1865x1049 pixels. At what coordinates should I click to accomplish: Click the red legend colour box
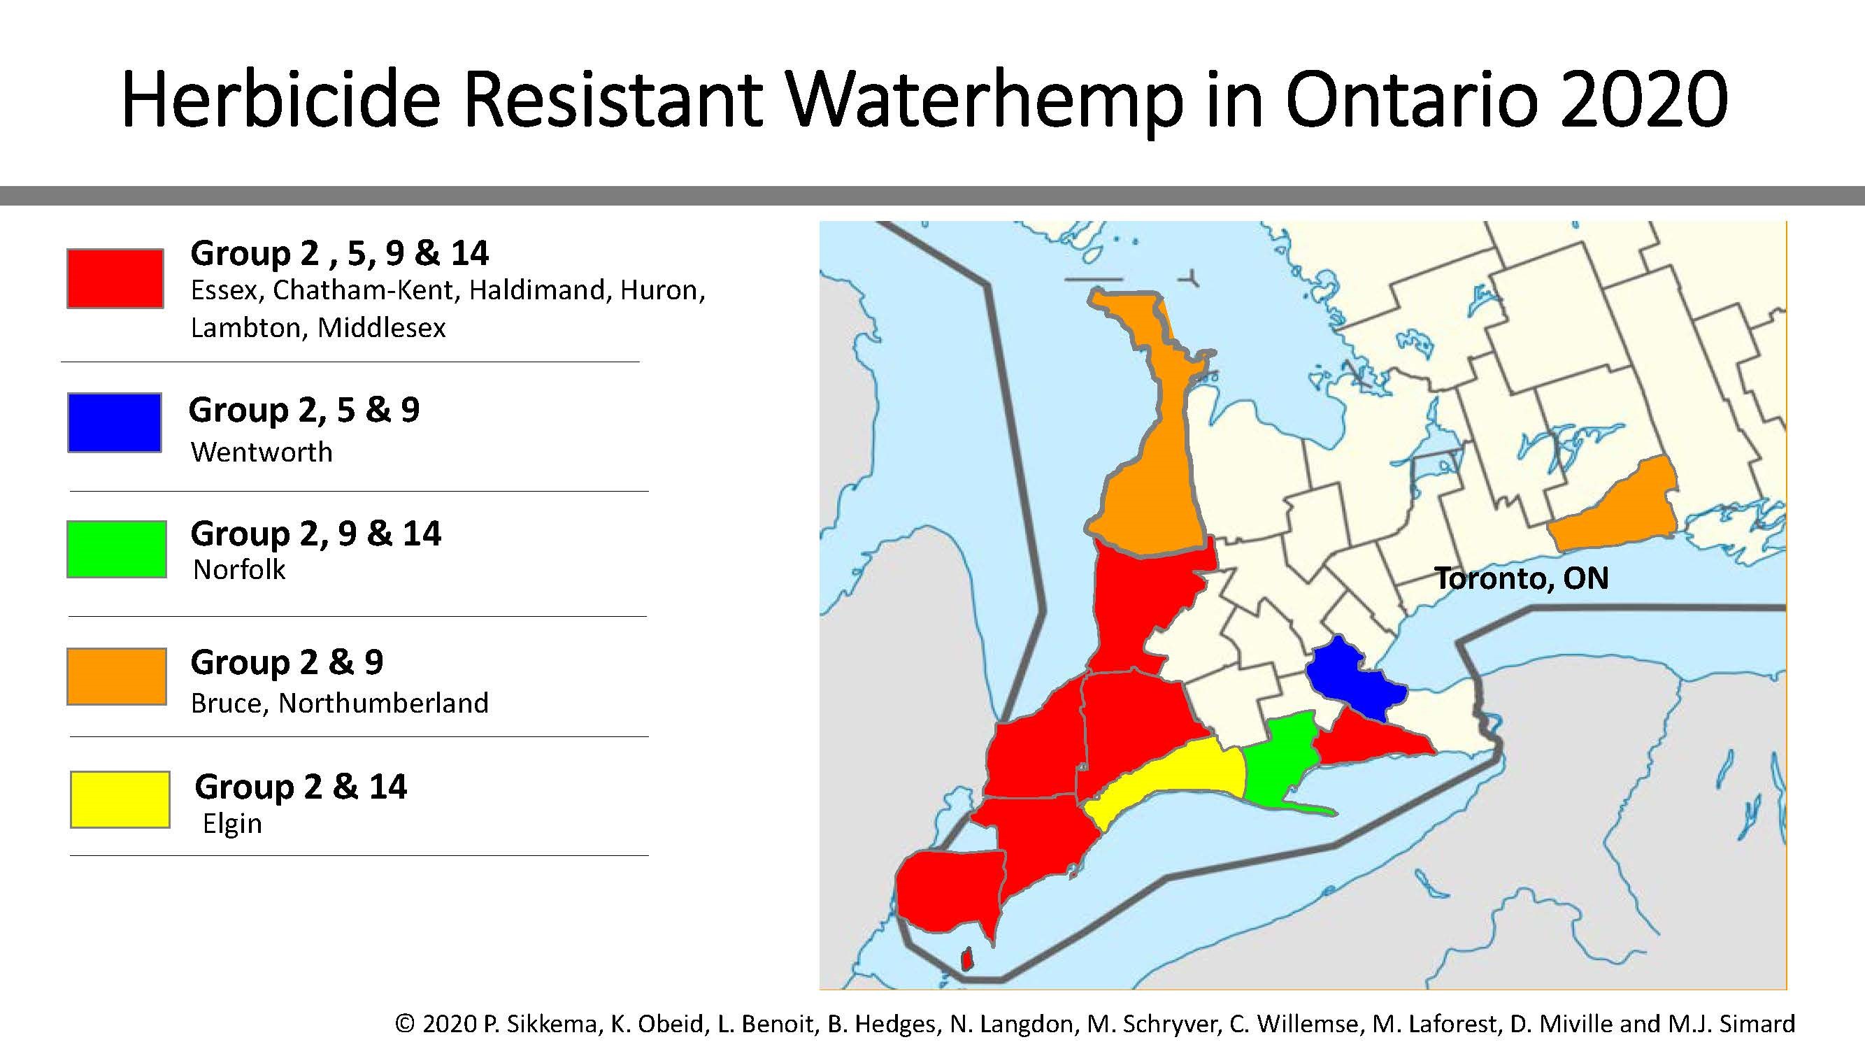tap(115, 279)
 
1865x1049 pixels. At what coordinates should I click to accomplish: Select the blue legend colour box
tap(115, 423)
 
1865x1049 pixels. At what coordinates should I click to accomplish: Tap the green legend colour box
tap(117, 550)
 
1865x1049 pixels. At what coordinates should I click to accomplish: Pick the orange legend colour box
tap(117, 676)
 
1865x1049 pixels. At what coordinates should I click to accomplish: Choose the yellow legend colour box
tap(120, 799)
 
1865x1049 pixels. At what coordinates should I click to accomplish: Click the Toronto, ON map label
tap(1521, 578)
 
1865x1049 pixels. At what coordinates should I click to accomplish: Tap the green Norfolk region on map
tap(1280, 760)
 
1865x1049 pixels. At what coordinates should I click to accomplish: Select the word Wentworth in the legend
tap(262, 452)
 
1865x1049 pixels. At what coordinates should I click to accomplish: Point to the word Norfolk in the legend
tap(239, 571)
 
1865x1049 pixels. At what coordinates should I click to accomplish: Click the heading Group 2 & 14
tap(301, 787)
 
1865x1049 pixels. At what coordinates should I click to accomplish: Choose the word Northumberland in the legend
tap(383, 703)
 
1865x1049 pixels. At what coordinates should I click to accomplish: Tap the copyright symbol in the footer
tap(405, 1024)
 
